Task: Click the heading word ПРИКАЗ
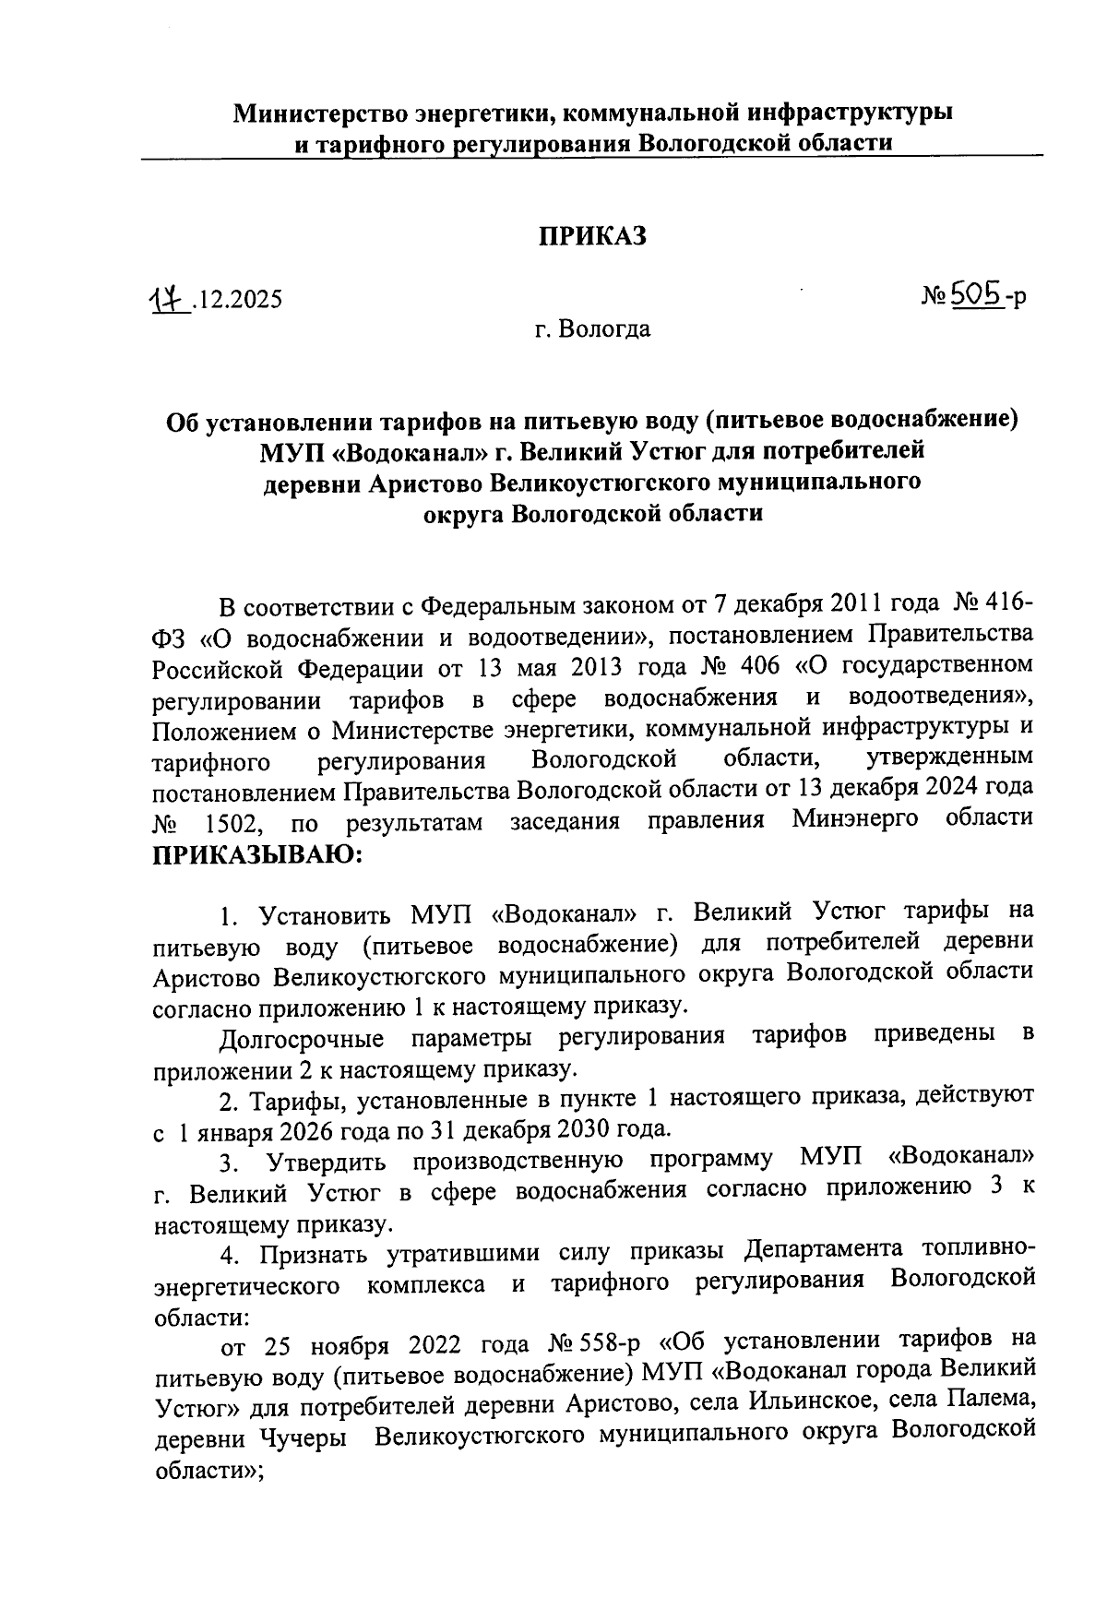[592, 236]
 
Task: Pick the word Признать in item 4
[310, 1253]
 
